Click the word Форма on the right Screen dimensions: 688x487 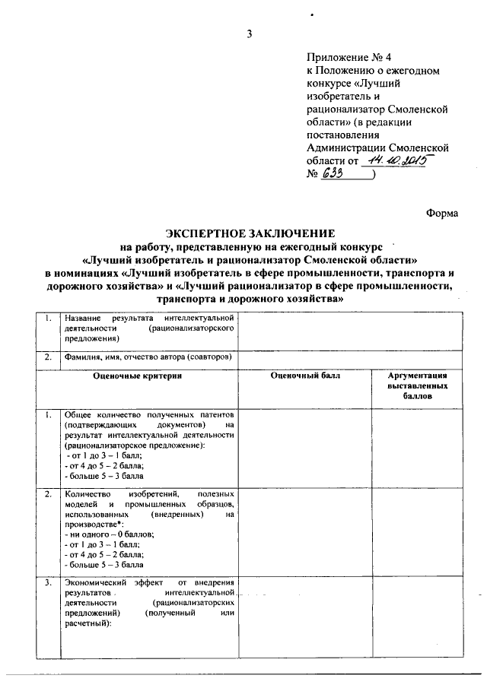[442, 214]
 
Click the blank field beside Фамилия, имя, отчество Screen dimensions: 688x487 [352, 357]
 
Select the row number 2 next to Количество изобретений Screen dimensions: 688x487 [48, 494]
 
